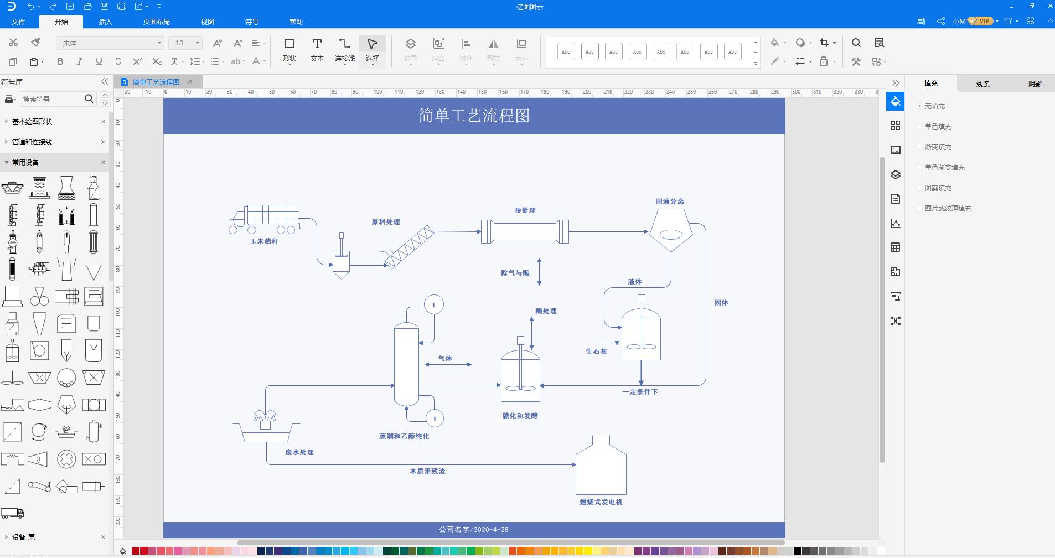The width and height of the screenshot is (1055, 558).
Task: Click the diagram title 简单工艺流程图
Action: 474,116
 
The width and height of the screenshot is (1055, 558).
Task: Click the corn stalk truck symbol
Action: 265,219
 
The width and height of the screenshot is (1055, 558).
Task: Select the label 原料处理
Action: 385,222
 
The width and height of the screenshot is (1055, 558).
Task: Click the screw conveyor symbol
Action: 410,247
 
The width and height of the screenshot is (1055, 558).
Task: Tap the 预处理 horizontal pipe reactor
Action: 525,231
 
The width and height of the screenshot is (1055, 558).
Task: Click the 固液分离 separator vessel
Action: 671,229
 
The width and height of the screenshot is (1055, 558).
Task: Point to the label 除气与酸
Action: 515,273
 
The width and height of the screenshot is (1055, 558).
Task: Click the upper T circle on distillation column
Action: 434,304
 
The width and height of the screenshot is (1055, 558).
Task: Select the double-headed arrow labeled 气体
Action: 448,364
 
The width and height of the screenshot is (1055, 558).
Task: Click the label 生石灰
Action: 596,352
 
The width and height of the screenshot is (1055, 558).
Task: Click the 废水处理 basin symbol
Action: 266,429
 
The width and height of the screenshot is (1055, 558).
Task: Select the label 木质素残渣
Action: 427,471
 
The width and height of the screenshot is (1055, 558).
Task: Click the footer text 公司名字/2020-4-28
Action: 474,529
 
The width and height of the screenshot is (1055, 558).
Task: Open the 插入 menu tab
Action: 105,22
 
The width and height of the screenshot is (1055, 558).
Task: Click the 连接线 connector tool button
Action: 344,50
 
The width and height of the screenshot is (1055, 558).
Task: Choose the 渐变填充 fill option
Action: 938,147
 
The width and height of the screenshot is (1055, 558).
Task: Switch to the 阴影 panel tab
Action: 1035,84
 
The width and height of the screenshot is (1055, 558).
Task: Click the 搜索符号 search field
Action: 51,99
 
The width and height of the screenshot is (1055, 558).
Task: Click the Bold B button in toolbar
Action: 60,61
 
